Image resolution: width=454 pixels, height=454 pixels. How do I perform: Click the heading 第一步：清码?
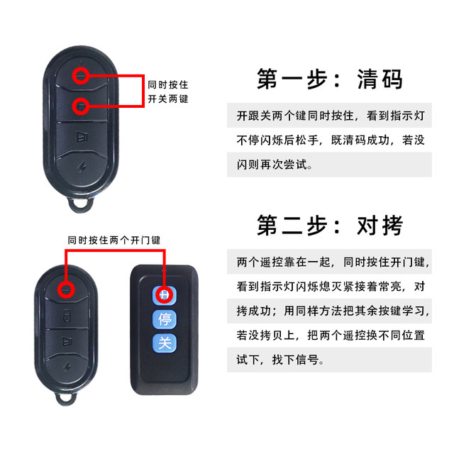[x=330, y=79]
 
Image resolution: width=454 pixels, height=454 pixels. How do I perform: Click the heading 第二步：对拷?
[x=330, y=225]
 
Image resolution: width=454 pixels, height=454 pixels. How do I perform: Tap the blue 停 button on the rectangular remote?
[x=164, y=319]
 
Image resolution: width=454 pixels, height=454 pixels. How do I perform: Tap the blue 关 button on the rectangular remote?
[x=164, y=343]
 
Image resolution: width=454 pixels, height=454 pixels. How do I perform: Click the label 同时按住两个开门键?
[x=113, y=240]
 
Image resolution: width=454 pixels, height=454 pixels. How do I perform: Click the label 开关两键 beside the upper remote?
[x=168, y=99]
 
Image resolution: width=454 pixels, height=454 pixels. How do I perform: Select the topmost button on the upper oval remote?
[x=82, y=74]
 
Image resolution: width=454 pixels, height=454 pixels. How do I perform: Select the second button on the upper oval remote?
[x=82, y=106]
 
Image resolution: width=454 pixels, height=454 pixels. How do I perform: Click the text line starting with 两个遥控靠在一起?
[x=333, y=262]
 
